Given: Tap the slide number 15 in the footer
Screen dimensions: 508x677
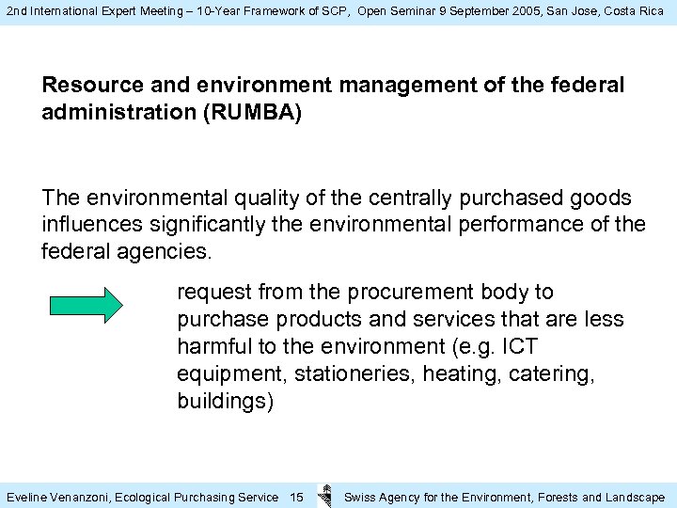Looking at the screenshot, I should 296,497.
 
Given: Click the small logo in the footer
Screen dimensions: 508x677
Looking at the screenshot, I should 324,496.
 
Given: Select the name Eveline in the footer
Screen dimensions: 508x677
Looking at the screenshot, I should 27,497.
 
